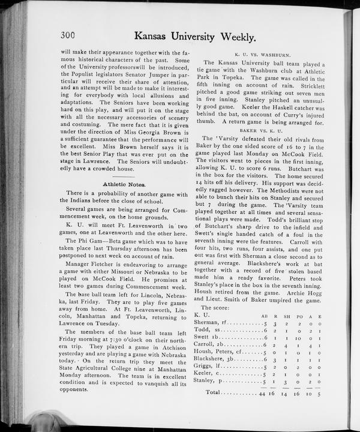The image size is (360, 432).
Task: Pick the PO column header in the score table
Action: tap(299, 316)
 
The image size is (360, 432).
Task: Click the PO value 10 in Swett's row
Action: tap(299, 340)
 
